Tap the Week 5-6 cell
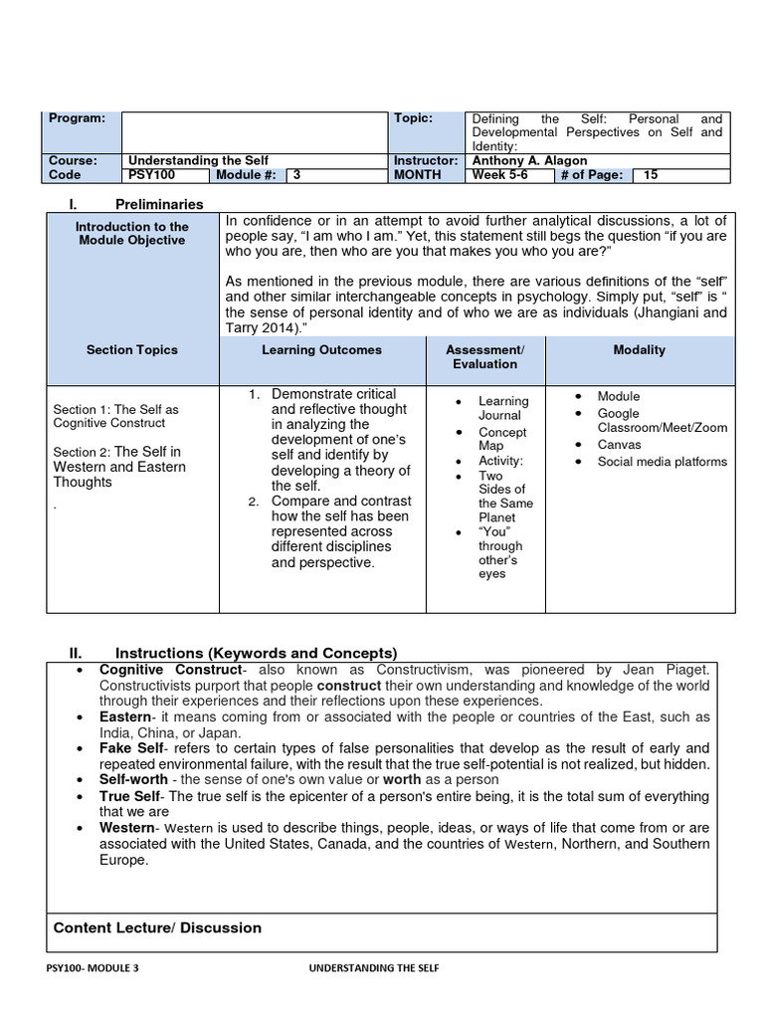click(x=502, y=175)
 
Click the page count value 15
click(x=652, y=175)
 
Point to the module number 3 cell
click(x=294, y=175)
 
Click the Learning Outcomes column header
click(x=321, y=350)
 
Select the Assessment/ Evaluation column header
click(x=484, y=357)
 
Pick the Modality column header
click(x=641, y=350)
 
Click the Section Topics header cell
click(x=132, y=350)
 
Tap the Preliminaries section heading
click(x=159, y=204)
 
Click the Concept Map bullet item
click(x=502, y=439)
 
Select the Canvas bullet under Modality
click(x=619, y=445)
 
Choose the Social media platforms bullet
click(x=662, y=462)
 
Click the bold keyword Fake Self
click(x=131, y=748)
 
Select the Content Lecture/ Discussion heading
click(x=157, y=927)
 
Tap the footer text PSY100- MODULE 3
click(x=93, y=968)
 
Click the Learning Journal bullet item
click(x=503, y=408)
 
